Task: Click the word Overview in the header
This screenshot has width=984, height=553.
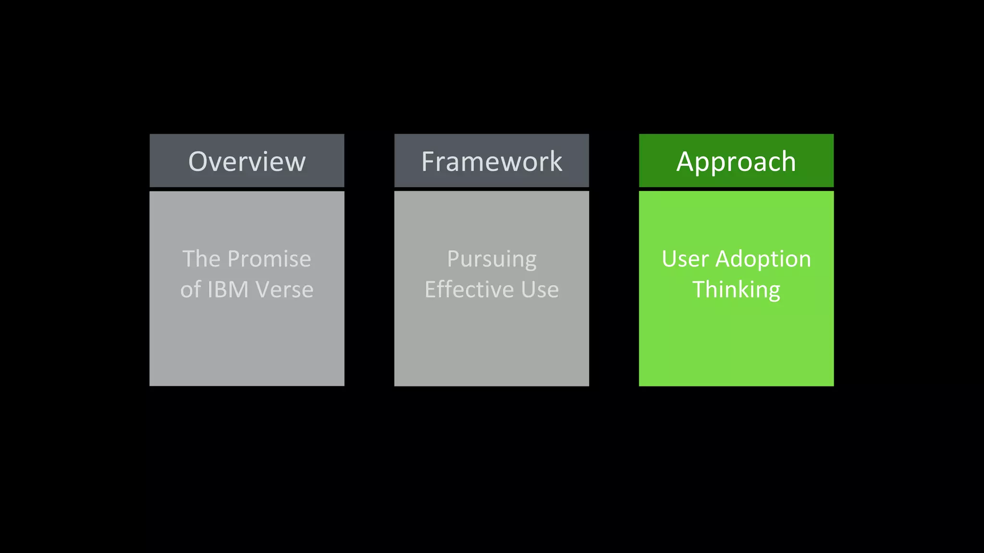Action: point(247,161)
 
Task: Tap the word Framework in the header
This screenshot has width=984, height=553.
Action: point(492,161)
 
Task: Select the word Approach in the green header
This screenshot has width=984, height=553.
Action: point(736,161)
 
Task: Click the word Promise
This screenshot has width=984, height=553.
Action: point(269,259)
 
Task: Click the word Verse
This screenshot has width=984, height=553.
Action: point(284,289)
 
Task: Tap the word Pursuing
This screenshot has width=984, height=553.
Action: point(492,260)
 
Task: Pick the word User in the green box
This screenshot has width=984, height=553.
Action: point(685,259)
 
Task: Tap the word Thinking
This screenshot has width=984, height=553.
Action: point(736,290)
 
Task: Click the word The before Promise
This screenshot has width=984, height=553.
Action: point(201,259)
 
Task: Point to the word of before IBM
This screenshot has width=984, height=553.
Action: point(190,289)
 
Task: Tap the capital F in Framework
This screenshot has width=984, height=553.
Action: point(428,161)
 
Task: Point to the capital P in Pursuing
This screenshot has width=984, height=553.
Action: point(453,259)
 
